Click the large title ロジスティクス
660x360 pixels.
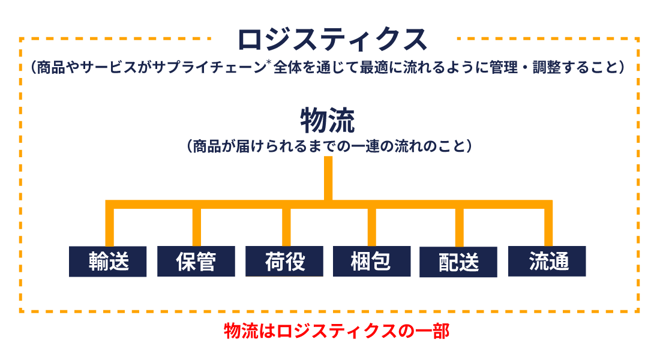(332, 40)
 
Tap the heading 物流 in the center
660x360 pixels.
(328, 121)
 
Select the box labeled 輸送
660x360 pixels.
(108, 262)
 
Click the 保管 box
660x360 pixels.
(196, 262)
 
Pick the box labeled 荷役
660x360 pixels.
(284, 262)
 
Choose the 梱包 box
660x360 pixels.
(371, 262)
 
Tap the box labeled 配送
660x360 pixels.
(458, 262)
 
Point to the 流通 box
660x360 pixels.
(547, 262)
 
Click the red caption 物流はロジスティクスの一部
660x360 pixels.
(337, 331)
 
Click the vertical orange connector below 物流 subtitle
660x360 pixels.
(328, 179)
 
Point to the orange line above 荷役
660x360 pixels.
(286, 227)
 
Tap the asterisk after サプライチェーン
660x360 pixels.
(269, 63)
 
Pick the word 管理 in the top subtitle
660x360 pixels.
(503, 67)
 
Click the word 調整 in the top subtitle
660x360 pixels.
(547, 67)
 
